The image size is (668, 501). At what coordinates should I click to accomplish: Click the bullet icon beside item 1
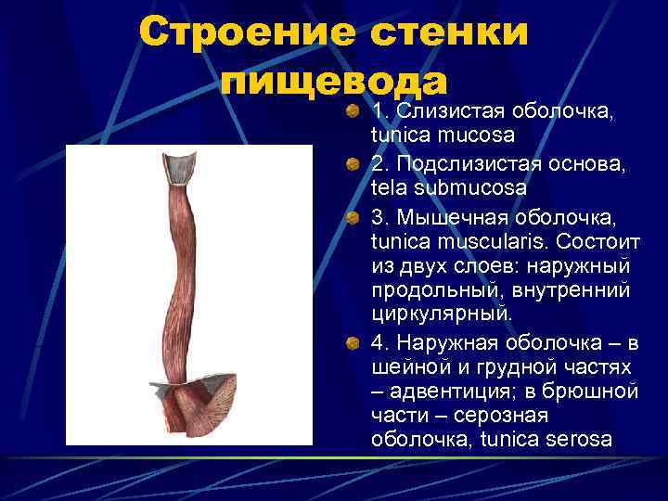coord(355,113)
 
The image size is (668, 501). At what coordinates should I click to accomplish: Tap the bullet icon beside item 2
coord(355,165)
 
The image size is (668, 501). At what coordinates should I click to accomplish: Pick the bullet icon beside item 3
coord(355,217)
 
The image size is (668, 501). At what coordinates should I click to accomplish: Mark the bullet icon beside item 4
coord(355,345)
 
